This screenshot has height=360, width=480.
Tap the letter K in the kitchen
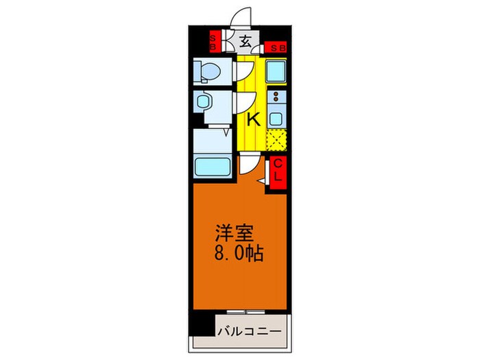[253, 119]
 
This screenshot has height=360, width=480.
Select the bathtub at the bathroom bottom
[213, 167]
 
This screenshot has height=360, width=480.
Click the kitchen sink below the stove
[276, 117]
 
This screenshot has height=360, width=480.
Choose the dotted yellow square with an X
[276, 140]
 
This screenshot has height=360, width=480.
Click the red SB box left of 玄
[213, 42]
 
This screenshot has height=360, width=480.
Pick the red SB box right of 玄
[277, 47]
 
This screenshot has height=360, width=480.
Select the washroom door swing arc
[242, 103]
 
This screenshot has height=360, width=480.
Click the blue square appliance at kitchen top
[276, 72]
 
